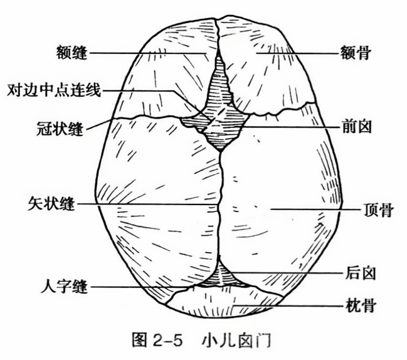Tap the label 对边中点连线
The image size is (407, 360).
(53, 90)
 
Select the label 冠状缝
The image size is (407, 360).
(65, 129)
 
